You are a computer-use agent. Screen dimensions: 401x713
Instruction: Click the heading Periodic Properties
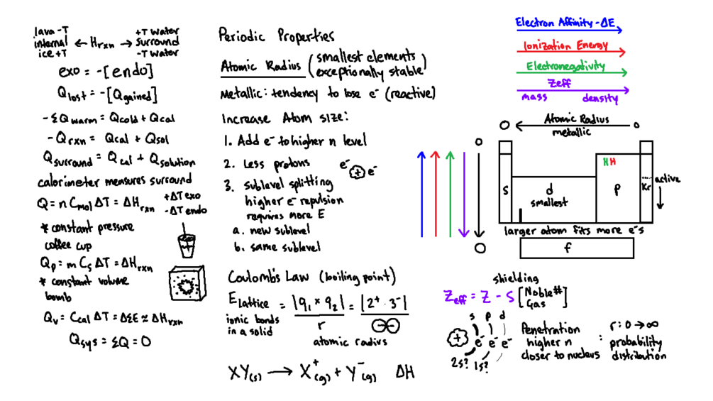coord(276,35)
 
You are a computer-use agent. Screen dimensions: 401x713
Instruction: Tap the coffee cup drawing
coord(187,244)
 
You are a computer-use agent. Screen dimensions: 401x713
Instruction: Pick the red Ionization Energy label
coord(565,46)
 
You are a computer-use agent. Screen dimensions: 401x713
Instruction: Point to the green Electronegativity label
coord(565,67)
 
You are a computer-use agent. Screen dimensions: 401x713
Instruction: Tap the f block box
coord(577,248)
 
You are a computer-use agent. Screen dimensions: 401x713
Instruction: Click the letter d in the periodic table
coord(549,189)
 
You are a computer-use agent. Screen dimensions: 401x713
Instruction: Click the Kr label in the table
coord(646,187)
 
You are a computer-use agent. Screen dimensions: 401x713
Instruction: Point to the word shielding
coord(516,278)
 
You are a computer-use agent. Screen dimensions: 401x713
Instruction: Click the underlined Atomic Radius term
coord(260,66)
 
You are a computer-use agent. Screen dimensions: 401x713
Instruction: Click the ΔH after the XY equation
coord(405,373)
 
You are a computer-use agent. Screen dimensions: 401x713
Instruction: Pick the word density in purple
coord(600,99)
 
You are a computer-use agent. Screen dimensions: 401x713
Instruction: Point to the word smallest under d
coord(548,203)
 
